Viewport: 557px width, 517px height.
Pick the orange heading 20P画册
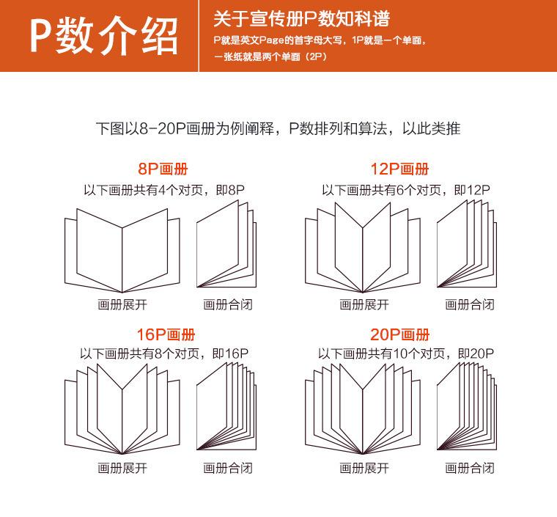(x=399, y=335)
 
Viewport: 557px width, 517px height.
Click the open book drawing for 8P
(x=122, y=249)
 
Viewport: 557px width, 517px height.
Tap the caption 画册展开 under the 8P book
(x=122, y=304)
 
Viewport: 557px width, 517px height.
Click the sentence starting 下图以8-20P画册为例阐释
(x=278, y=128)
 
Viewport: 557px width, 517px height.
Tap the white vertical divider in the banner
(x=199, y=35)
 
